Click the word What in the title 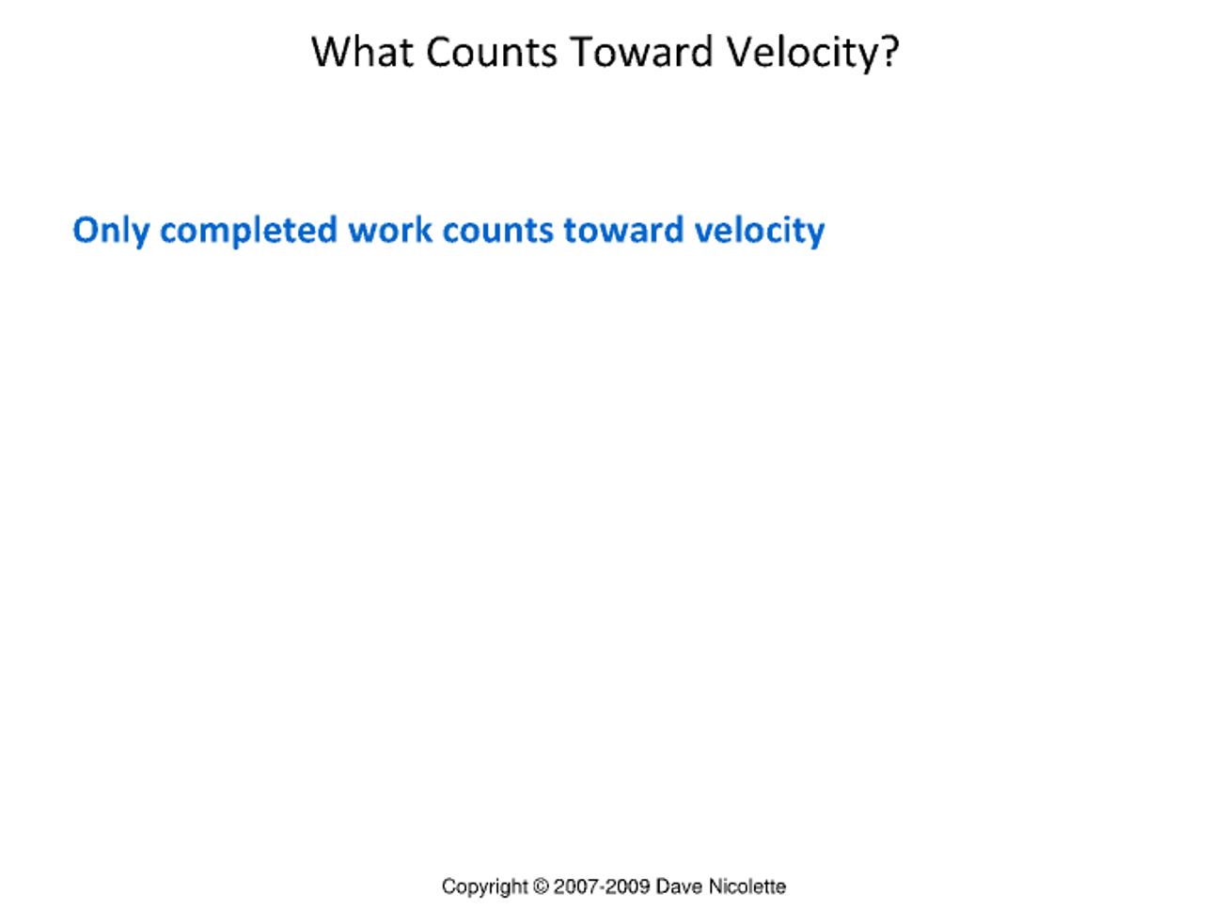(363, 52)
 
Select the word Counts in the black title (492, 52)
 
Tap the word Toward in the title (641, 52)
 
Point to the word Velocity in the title (803, 53)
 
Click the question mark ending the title (890, 52)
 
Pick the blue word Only (111, 231)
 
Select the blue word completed (248, 231)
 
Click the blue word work (390, 230)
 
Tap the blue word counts (497, 231)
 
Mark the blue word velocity (759, 231)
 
